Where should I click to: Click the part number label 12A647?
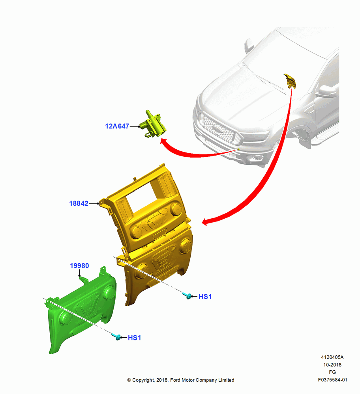tap(117, 126)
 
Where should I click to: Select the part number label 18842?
tap(79, 203)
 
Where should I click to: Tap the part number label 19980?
tap(79, 266)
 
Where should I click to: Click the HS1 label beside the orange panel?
tap(205, 297)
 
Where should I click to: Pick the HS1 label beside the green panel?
tap(135, 338)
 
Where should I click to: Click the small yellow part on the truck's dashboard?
tap(290, 81)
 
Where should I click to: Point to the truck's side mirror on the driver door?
tap(327, 91)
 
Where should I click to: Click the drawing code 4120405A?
tap(332, 357)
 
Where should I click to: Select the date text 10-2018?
tap(332, 364)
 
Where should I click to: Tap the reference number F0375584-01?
tap(332, 380)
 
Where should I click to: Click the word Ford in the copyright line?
tap(175, 380)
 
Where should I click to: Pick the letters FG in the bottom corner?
tap(332, 372)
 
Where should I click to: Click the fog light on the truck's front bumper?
tap(257, 158)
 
